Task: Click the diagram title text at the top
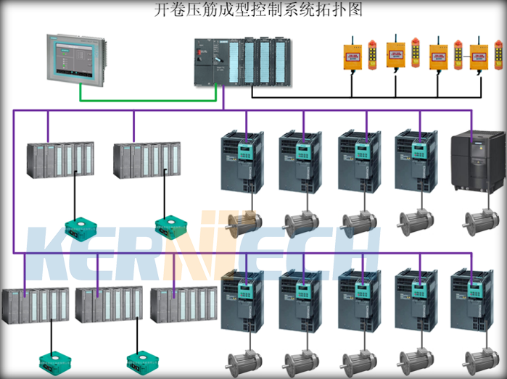coord(258,10)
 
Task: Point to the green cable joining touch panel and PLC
coord(145,99)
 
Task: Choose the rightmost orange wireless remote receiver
coord(479,57)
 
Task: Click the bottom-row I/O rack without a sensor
coord(183,304)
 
